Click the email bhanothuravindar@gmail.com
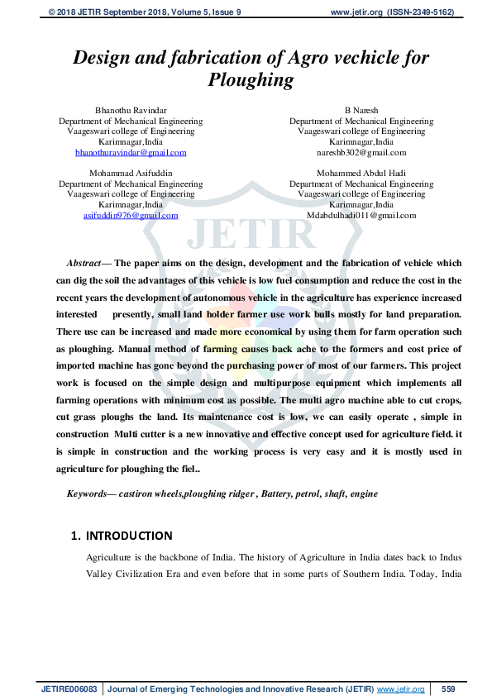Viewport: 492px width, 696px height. (x=131, y=153)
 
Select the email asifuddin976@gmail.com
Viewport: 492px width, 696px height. (x=131, y=215)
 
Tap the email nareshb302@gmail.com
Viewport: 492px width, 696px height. (x=361, y=153)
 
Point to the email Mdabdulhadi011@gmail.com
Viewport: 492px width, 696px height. (x=361, y=215)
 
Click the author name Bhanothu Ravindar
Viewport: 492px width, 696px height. (x=131, y=110)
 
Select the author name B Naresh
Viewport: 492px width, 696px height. (x=361, y=110)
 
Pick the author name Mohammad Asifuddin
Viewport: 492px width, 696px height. (x=131, y=173)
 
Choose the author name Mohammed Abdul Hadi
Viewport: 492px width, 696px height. (x=361, y=173)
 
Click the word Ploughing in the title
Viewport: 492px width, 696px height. (x=251, y=80)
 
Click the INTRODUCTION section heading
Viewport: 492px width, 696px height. (x=129, y=536)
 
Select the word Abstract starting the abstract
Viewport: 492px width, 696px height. (x=83, y=262)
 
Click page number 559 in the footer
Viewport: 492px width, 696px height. (x=448, y=689)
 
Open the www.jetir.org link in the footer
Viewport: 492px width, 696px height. (x=400, y=689)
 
